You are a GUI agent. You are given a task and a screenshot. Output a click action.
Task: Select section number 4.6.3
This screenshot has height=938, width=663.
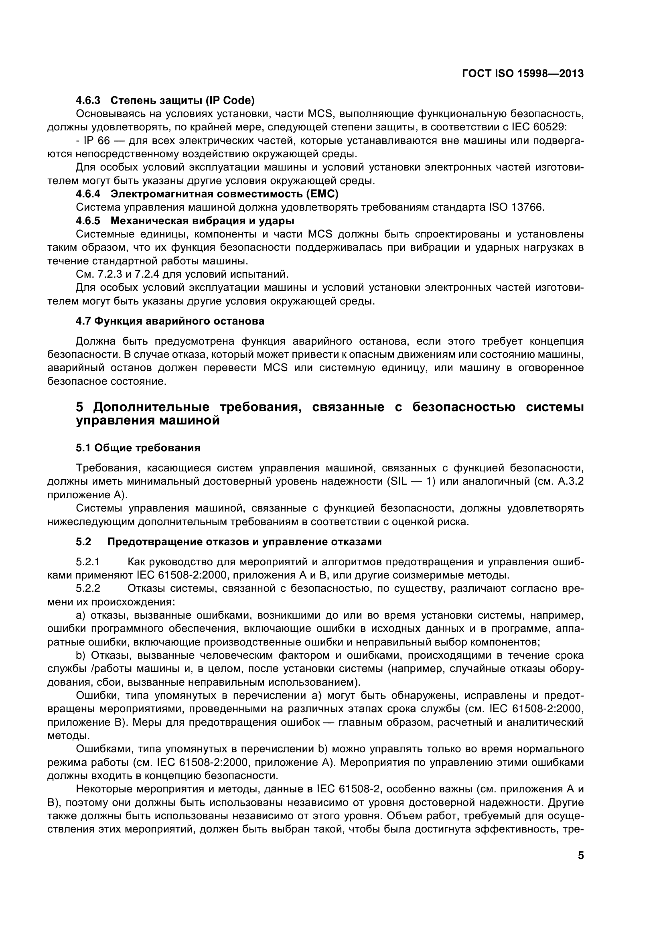point(88,100)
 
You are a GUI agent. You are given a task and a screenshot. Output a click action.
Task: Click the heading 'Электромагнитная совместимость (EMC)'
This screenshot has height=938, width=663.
point(225,194)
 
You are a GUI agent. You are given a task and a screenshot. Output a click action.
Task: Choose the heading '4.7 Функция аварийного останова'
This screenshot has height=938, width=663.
point(170,321)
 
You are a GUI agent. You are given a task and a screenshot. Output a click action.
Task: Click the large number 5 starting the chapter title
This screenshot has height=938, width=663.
point(80,407)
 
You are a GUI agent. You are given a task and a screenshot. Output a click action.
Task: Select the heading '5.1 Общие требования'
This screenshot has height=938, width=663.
point(138,448)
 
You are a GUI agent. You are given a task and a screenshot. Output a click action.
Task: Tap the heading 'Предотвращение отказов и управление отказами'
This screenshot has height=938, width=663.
point(244,542)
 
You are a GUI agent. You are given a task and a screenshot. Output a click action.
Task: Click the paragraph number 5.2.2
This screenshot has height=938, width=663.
point(88,588)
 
